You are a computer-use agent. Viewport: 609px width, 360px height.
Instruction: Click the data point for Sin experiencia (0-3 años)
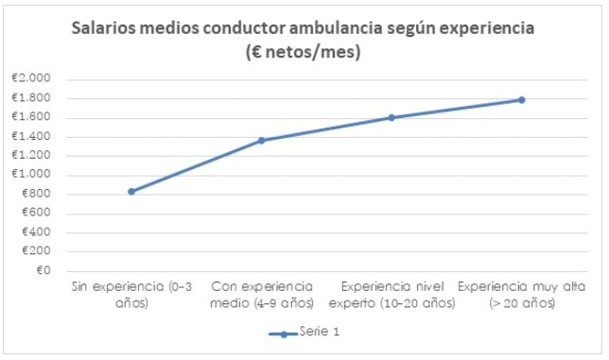tap(131, 192)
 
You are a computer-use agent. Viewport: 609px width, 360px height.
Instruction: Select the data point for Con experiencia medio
tap(262, 141)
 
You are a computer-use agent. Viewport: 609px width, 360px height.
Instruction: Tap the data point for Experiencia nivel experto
tap(391, 118)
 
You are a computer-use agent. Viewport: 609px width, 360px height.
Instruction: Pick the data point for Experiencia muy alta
tap(521, 100)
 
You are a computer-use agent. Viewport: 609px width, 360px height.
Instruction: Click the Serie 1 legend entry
tap(304, 334)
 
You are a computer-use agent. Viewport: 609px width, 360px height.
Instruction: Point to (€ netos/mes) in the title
tap(304, 53)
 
